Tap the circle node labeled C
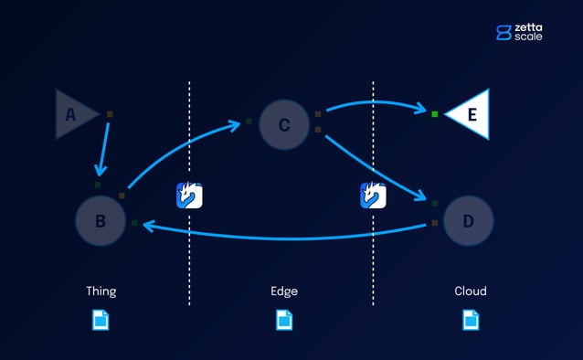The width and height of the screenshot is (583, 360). tap(284, 124)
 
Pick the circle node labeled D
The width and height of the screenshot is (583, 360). tap(469, 221)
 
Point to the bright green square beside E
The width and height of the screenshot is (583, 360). tap(435, 114)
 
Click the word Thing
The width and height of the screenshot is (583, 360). tap(101, 291)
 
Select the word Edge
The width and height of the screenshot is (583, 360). tap(284, 291)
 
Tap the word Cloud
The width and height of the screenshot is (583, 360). tap(471, 291)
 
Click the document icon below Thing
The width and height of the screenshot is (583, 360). tap(101, 320)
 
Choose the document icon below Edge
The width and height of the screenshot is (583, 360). tap(284, 320)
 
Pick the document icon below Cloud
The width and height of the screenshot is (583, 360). tap(471, 320)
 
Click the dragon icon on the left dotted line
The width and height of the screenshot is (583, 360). tap(189, 196)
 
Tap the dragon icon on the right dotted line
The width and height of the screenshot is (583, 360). tap(373, 196)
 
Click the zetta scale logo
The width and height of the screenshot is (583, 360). tap(519, 32)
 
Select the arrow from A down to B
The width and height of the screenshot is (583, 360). tap(104, 146)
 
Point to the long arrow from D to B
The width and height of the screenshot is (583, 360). tap(283, 238)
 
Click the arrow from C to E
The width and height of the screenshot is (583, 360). tap(375, 101)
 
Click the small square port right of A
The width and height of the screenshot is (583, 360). tap(111, 114)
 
